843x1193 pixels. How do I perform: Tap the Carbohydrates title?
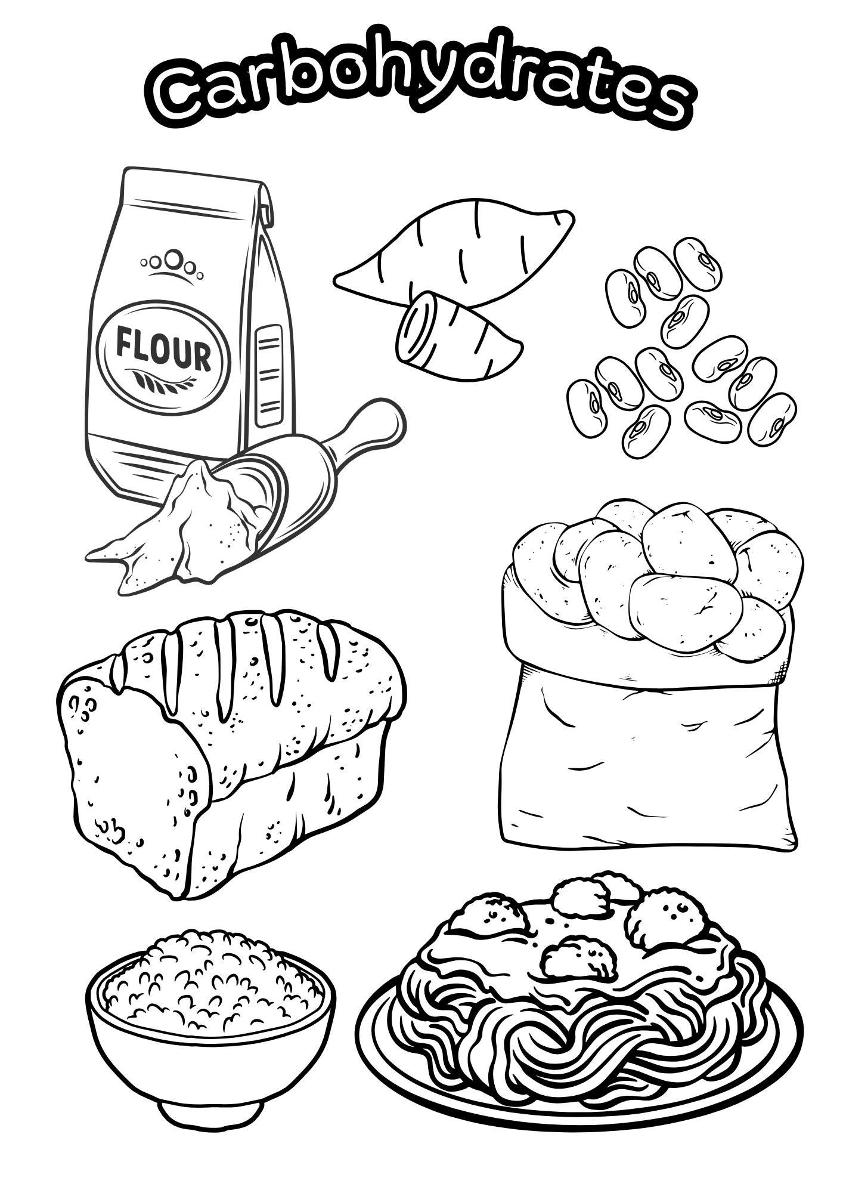pyautogui.click(x=420, y=89)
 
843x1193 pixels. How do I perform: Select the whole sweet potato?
pyautogui.click(x=459, y=251)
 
